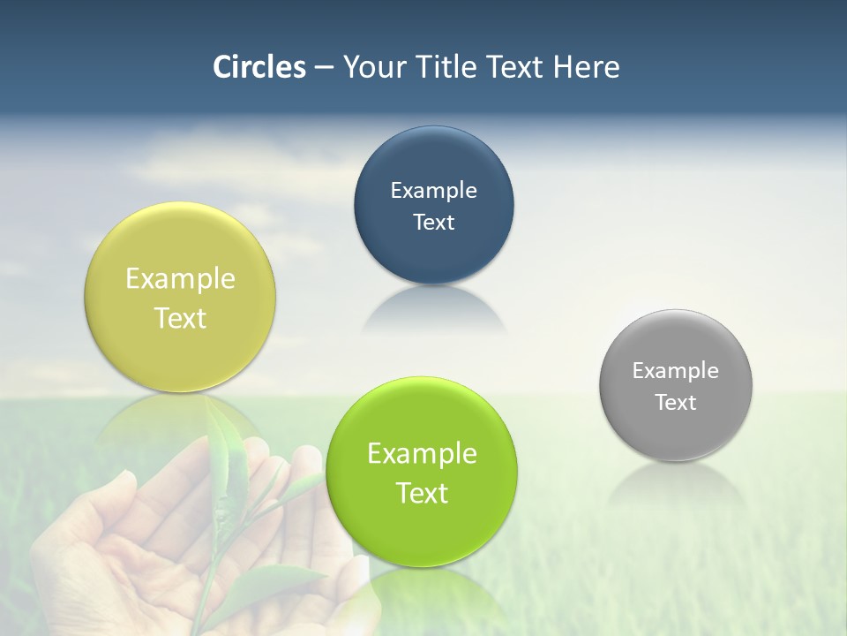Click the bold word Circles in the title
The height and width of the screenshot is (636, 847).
coord(259,67)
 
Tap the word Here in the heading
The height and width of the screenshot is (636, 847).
coord(586,67)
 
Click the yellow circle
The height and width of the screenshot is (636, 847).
coord(180,256)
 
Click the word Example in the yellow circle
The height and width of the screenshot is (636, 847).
coord(180,279)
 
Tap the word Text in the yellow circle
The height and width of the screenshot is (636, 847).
coord(180,318)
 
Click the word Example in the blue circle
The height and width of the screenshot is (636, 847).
coord(433,191)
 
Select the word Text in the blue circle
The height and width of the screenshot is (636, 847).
coord(433,223)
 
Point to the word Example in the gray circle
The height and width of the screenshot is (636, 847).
coord(676,371)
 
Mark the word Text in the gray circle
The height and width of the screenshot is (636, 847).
coord(676,403)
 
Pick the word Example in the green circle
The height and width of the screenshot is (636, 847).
coord(422,454)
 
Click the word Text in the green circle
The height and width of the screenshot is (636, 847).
coord(422,493)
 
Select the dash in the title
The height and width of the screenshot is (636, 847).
coord(324,67)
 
